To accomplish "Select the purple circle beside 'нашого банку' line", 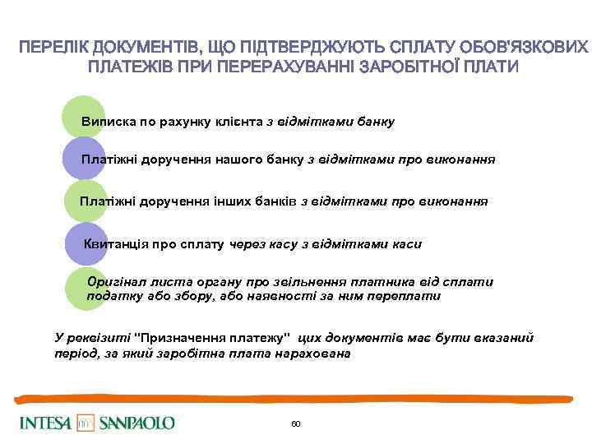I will click(82, 158).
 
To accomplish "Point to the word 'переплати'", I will click(410, 296).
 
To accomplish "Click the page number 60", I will click(296, 423).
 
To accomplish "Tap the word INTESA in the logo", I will click(46, 423).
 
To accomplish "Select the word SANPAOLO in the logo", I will click(137, 423).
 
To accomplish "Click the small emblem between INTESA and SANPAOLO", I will click(86, 423).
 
